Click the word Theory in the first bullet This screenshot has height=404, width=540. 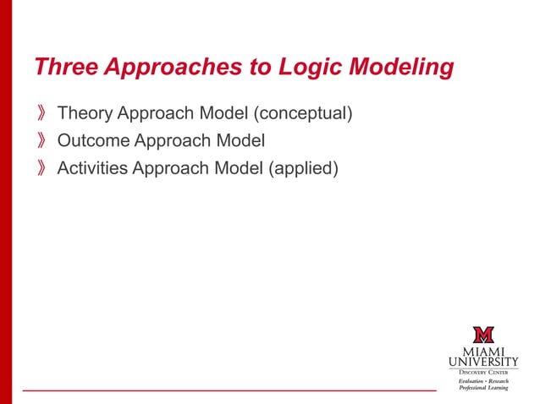point(85,112)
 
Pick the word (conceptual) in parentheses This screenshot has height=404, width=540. point(302,112)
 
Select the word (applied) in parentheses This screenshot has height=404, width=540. point(303,168)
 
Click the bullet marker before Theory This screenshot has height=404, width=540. point(42,113)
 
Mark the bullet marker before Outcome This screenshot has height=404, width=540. point(42,141)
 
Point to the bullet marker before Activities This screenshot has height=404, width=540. point(42,169)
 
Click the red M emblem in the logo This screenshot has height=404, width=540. point(483,334)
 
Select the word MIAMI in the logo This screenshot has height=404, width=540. point(483,351)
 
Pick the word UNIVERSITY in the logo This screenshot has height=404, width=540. point(483,362)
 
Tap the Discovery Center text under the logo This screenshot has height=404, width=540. point(483,372)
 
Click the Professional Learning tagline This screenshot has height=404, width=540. point(483,387)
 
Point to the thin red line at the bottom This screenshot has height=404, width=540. point(229,391)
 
